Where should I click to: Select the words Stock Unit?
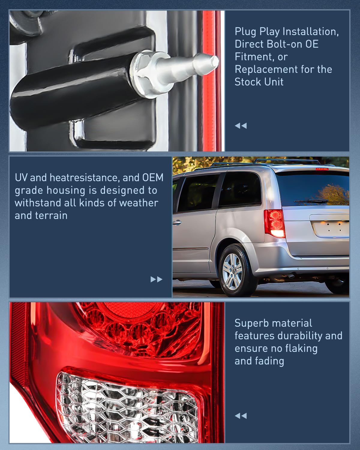[x=259, y=82]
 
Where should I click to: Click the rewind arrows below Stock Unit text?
[x=241, y=126]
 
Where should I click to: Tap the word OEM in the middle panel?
[x=153, y=178]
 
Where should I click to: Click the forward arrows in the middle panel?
[x=156, y=279]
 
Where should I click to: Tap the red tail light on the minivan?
[x=274, y=223]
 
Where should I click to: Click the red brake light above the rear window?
[x=322, y=169]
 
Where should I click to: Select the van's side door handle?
[x=177, y=223]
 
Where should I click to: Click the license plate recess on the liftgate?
[x=331, y=229]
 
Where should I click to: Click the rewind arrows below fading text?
[x=241, y=416]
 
